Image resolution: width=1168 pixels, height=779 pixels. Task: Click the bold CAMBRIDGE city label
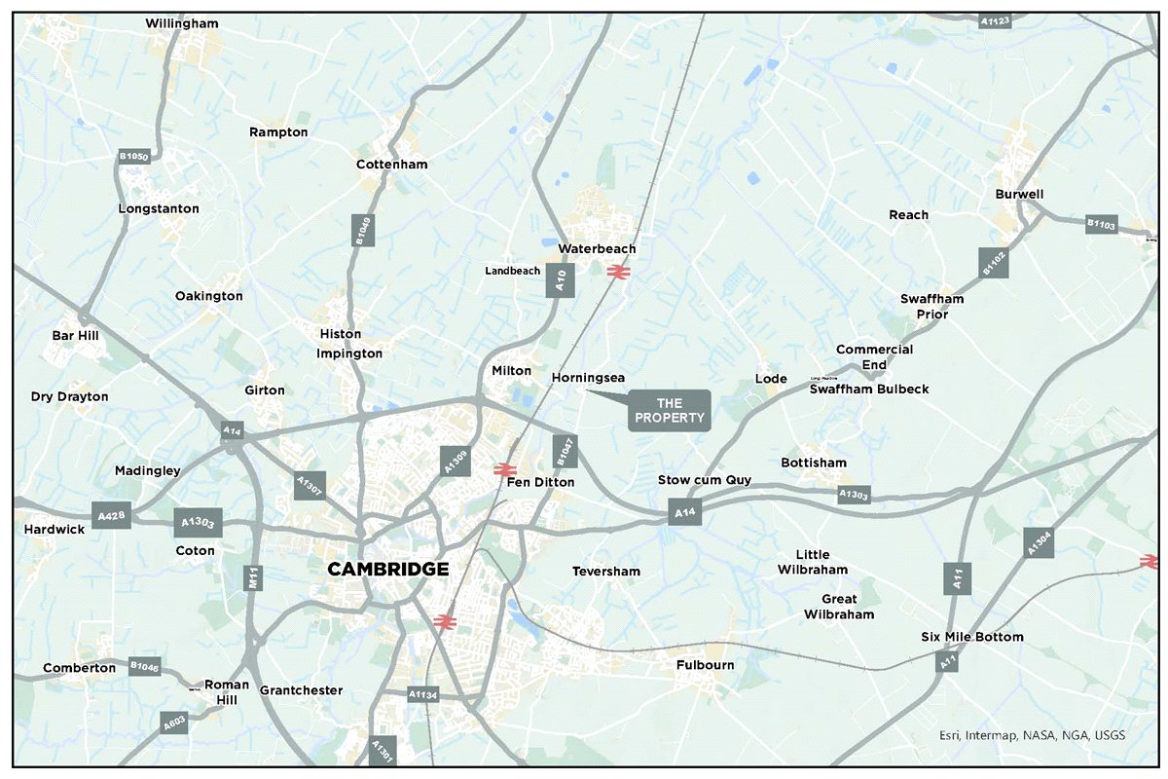(387, 570)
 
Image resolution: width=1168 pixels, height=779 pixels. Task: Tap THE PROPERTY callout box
(670, 411)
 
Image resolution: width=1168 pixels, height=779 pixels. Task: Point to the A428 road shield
(112, 514)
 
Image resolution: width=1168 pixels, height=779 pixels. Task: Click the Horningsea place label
(588, 377)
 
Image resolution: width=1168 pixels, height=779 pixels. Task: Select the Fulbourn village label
(706, 665)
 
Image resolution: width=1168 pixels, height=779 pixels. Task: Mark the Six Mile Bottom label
(971, 637)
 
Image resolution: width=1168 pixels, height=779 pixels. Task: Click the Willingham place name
(182, 23)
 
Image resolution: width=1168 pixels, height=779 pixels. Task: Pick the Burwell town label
(1019, 194)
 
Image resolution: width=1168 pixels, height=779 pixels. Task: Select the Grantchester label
(301, 690)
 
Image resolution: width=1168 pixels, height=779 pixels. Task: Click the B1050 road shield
(133, 156)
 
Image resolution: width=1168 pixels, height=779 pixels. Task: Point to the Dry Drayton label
(69, 396)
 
